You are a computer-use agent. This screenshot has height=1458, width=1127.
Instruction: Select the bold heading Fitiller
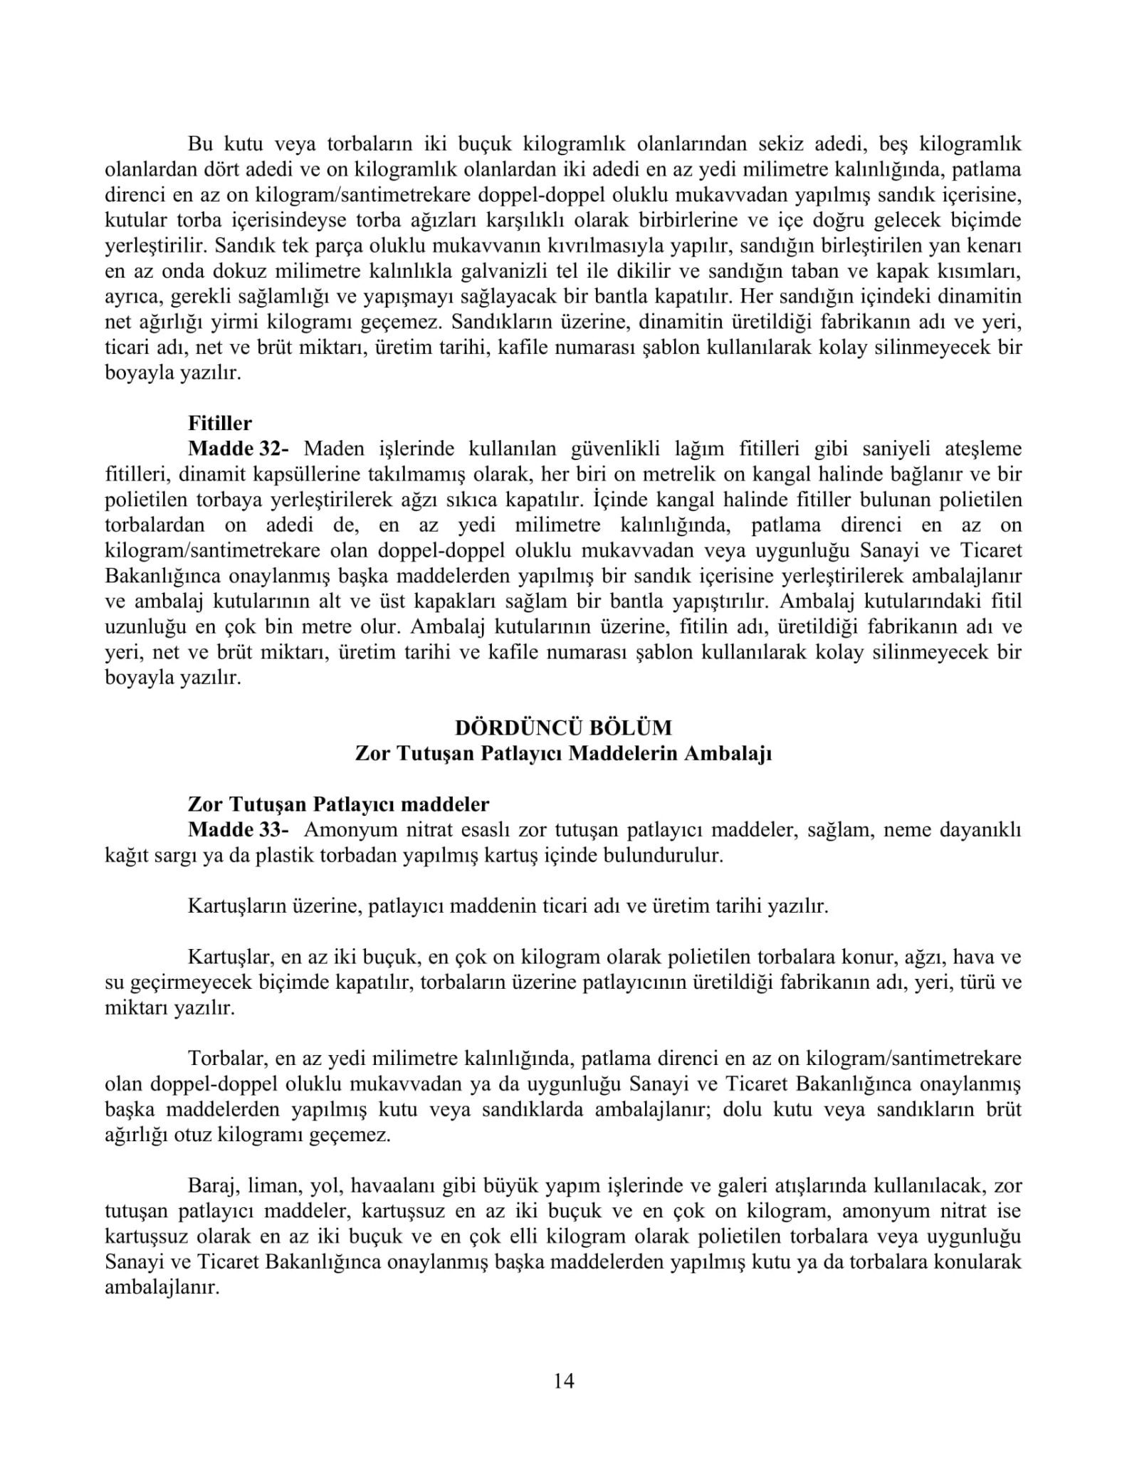point(220,424)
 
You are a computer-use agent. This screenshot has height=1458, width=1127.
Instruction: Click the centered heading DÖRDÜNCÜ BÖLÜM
point(563,728)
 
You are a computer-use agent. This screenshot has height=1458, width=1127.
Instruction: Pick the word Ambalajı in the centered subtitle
point(737,753)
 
